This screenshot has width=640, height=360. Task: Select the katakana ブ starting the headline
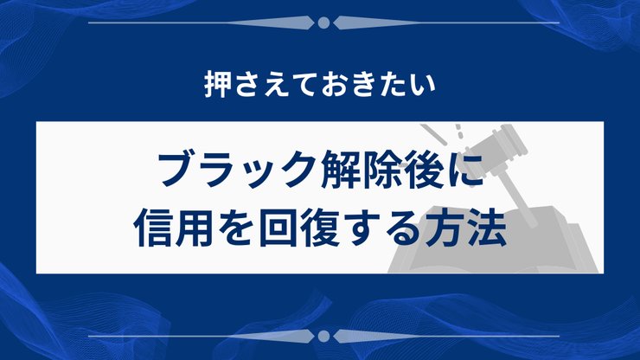(174, 169)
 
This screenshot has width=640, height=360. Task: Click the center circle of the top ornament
(323, 22)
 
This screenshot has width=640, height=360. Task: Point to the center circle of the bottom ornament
(323, 334)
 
